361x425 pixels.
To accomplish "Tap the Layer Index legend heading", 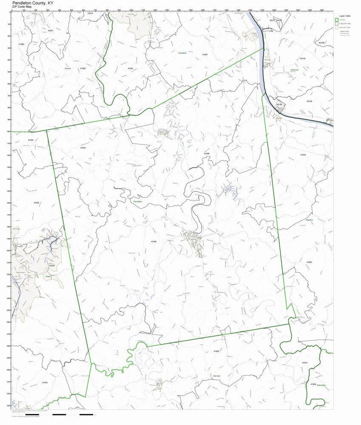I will pyautogui.click(x=344, y=15).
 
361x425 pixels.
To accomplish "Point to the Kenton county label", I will pyautogui.click(x=67, y=68).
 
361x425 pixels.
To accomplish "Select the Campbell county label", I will pyautogui.click(x=182, y=53).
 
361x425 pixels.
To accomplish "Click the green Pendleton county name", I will pyautogui.click(x=138, y=201).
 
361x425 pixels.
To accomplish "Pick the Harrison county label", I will pyautogui.click(x=217, y=376).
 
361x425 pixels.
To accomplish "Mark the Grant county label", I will pyautogui.click(x=48, y=276).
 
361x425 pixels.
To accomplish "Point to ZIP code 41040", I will pyautogui.click(x=153, y=241).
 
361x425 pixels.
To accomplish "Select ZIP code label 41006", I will pyautogui.click(x=207, y=153).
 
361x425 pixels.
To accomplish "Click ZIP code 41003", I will pyautogui.click(x=216, y=351).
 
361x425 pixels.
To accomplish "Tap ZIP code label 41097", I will pyautogui.click(x=52, y=266).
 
